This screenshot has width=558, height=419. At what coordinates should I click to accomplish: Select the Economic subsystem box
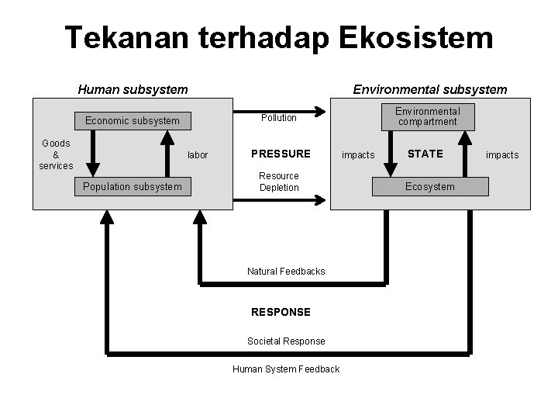[133, 120]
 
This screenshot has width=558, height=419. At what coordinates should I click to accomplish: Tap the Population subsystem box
[133, 186]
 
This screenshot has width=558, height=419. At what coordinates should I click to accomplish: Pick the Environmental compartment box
[428, 116]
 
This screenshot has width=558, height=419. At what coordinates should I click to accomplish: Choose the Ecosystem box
[430, 186]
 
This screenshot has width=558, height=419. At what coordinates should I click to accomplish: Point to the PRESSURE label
[281, 154]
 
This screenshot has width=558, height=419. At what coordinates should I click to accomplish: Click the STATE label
[425, 154]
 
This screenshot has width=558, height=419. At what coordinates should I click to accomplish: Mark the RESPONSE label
[281, 312]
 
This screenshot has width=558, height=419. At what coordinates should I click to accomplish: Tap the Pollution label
[279, 118]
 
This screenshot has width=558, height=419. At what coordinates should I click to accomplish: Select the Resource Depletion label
[279, 182]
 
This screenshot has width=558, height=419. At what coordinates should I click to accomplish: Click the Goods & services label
[56, 154]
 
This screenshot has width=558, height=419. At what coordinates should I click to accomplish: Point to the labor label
[198, 155]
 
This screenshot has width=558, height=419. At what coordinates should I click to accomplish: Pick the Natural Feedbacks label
[286, 272]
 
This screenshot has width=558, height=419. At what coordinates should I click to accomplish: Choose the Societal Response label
[286, 341]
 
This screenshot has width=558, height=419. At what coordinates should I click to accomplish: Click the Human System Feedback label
[286, 369]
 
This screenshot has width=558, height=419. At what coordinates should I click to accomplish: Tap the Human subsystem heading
[133, 89]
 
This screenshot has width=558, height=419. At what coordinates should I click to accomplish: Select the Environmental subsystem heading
[430, 89]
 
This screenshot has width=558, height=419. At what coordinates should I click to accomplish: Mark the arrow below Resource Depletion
[279, 201]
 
